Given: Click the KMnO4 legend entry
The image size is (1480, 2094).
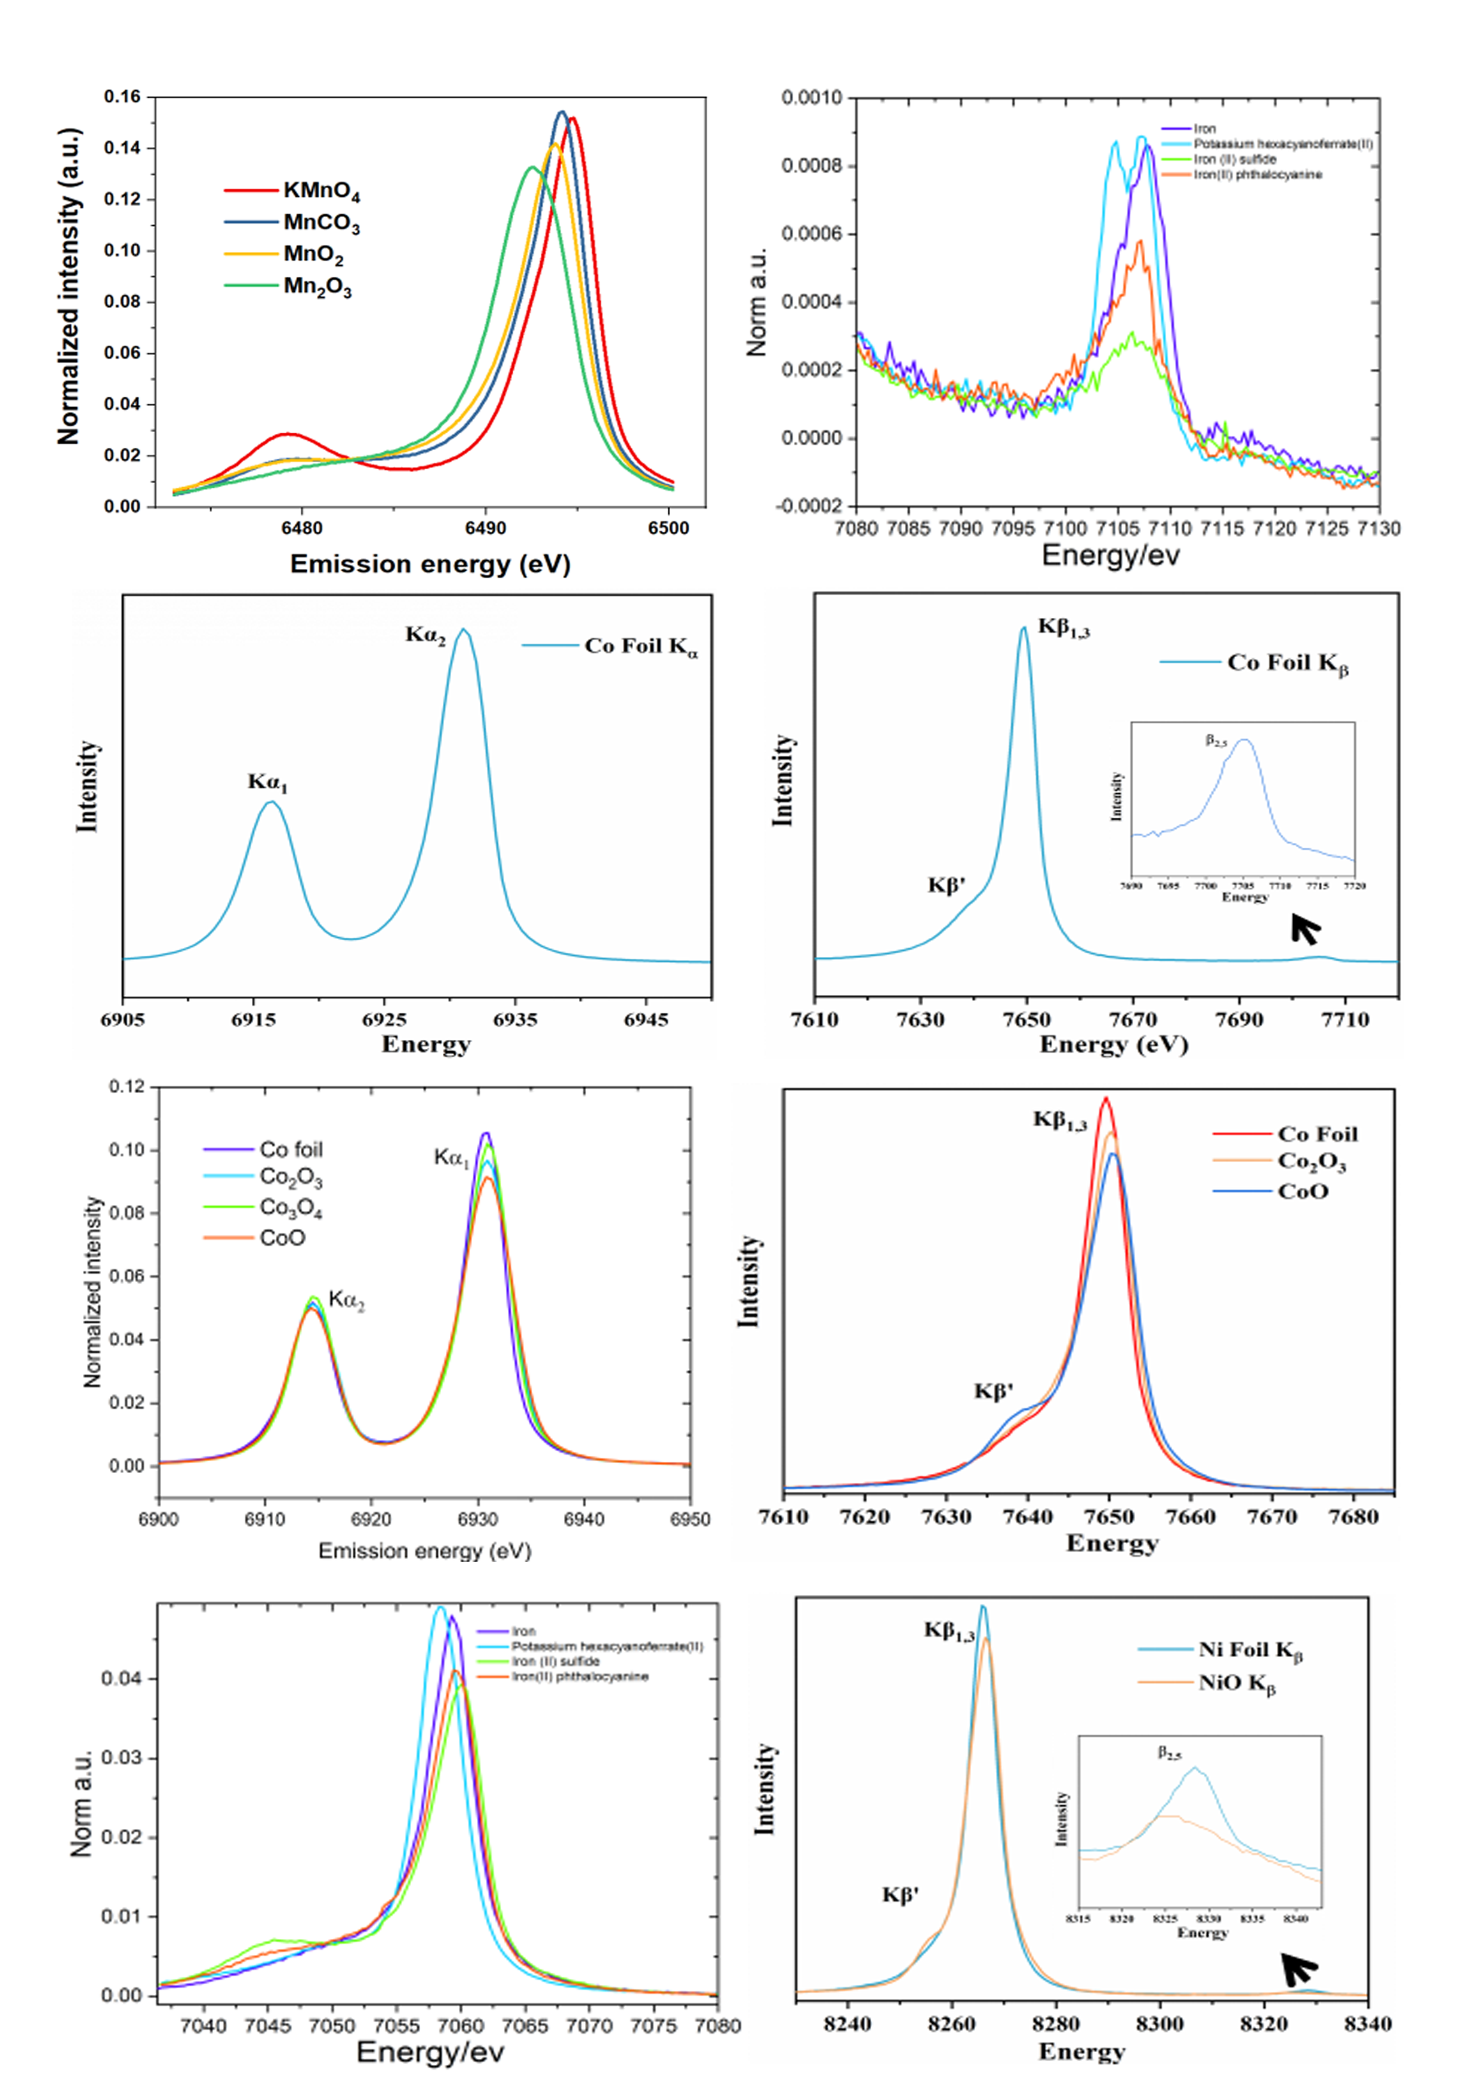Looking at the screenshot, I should (x=321, y=190).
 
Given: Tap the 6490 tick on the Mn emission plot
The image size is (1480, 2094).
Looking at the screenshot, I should (x=484, y=529).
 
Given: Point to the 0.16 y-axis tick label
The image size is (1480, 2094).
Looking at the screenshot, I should (x=122, y=97).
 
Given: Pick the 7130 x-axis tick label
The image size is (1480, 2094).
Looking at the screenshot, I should (x=1378, y=529).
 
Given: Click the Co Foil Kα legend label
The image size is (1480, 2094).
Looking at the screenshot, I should (x=641, y=646).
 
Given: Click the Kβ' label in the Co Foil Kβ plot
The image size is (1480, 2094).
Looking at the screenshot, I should (x=946, y=885).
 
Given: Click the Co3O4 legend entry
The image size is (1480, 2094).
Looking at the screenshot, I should (x=290, y=1208).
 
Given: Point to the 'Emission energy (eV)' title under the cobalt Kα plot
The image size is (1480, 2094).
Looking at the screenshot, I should (x=424, y=1551).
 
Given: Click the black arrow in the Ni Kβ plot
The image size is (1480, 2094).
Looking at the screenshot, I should (x=1299, y=1969).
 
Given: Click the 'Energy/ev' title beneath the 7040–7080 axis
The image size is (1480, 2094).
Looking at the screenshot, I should (x=430, y=2053).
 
